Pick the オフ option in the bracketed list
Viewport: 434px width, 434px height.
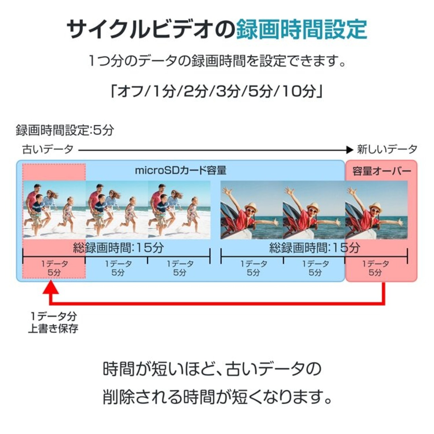(x=131, y=92)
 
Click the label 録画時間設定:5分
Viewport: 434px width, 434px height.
(x=65, y=130)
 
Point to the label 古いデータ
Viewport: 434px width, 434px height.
(x=48, y=149)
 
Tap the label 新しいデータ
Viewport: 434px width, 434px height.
(x=387, y=149)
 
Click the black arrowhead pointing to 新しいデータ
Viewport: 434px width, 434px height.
(x=350, y=150)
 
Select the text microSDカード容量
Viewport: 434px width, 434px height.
(x=181, y=171)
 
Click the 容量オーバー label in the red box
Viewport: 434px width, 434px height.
(x=381, y=171)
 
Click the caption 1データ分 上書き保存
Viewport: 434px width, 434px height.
(x=53, y=322)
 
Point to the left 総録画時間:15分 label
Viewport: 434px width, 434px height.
(x=118, y=248)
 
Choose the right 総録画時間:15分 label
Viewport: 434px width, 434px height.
(x=315, y=248)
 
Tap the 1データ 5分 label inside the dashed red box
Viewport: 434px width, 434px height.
(x=54, y=268)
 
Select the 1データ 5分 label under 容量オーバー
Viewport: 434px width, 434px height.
(x=375, y=268)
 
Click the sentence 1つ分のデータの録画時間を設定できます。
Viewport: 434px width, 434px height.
(x=218, y=61)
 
